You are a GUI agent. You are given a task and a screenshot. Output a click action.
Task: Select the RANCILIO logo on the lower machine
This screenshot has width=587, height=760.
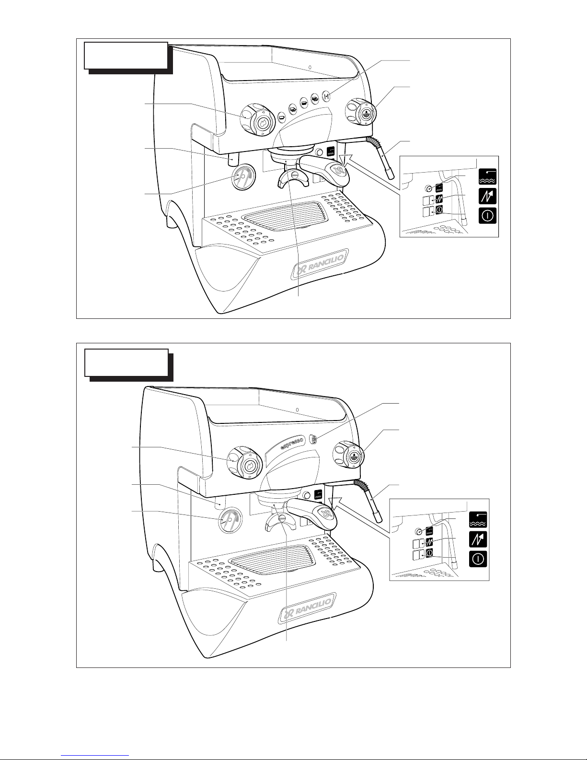coord(308,608)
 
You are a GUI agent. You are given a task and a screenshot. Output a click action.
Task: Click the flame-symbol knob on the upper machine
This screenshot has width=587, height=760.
coord(257,121)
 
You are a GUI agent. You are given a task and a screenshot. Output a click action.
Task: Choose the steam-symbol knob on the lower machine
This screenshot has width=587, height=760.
coord(348,454)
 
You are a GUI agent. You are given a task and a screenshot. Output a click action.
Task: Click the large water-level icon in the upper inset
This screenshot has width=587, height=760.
coord(487,176)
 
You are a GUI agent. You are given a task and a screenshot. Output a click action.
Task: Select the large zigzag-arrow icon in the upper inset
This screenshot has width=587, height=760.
coord(487,196)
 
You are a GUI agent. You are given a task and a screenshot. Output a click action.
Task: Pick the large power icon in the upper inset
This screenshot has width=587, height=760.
coord(487,216)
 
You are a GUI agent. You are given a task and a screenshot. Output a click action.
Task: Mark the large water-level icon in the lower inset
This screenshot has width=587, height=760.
coord(478,519)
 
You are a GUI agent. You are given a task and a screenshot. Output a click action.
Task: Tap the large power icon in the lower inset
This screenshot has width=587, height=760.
coord(478,559)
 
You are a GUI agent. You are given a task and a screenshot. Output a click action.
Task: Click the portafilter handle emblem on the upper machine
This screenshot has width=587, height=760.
coord(337,171)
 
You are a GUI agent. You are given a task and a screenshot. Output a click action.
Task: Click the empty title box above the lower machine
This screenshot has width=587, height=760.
coord(127,362)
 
